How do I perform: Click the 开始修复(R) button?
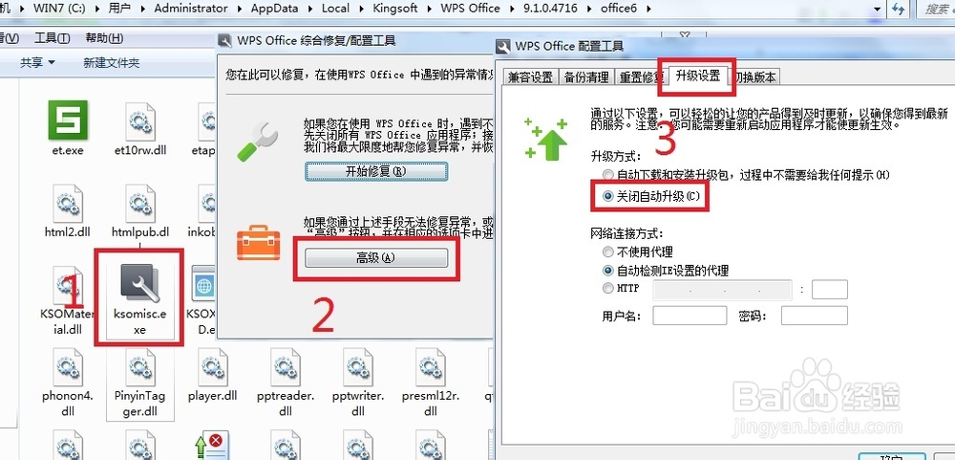[376, 171]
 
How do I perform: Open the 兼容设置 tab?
[530, 77]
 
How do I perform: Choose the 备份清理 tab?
[585, 77]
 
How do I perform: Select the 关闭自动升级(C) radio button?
[608, 196]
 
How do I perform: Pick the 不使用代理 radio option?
[608, 252]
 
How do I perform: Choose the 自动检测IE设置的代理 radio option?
[608, 271]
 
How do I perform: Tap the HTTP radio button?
[608, 288]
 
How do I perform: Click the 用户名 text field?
[690, 316]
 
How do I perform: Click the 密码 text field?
[816, 316]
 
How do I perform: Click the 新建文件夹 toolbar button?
[111, 63]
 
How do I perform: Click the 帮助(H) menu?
[103, 38]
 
